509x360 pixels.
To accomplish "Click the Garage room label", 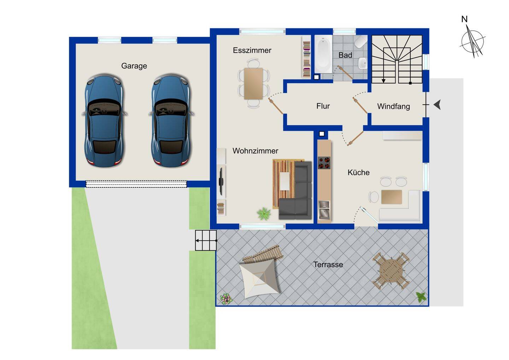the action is [134, 66].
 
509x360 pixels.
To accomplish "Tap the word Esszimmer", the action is [252, 50].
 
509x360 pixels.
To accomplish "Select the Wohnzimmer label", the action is [256, 151].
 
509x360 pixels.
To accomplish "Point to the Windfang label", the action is [393, 106].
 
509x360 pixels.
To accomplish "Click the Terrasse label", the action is [328, 265].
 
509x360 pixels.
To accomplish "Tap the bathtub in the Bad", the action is [323, 54].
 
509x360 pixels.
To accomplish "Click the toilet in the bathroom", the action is [361, 41].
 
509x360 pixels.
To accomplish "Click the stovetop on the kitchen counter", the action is [324, 163].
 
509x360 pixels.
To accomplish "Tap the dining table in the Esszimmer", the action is [253, 84].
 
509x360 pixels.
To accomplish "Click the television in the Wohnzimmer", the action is [221, 181].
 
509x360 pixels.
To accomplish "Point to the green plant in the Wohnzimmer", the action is [264, 213].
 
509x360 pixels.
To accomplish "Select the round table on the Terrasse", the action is [391, 271].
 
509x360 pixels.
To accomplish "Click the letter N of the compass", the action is [464, 19].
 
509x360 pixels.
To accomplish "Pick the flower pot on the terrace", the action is [226, 298].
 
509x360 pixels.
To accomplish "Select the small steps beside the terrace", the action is [206, 240].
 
